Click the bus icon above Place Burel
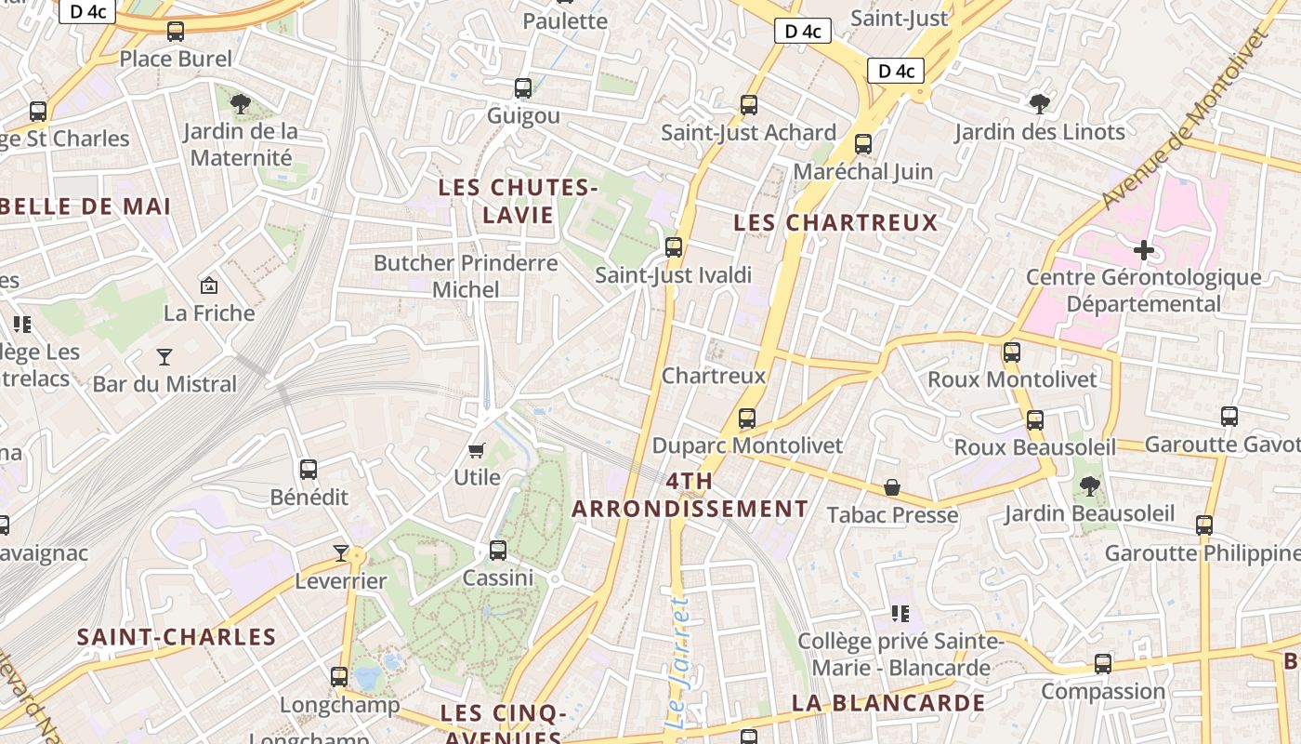(176, 32)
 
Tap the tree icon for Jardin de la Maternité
(241, 103)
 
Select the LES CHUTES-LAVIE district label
(518, 201)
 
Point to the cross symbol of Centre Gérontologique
(1144, 250)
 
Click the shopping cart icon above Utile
(477, 451)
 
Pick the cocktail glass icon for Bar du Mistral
(164, 356)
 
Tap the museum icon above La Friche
(209, 286)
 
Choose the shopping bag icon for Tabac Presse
(892, 487)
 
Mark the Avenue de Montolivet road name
(1185, 118)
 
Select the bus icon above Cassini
(498, 550)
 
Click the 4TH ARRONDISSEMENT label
(690, 496)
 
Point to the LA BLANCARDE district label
(887, 703)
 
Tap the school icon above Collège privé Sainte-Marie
(900, 613)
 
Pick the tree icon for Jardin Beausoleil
(1090, 486)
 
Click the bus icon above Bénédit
(309, 470)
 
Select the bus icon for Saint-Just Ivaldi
(674, 247)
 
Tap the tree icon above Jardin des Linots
(1039, 103)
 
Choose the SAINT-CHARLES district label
(177, 637)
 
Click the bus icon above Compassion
(1103, 664)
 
